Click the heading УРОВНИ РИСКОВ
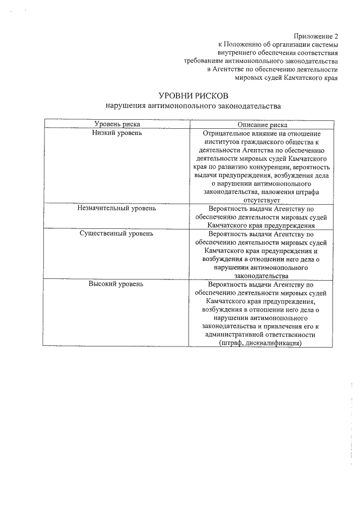(x=192, y=96)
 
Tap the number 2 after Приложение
(x=336, y=35)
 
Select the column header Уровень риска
(x=117, y=124)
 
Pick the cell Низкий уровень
(x=117, y=133)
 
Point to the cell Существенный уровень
(x=117, y=233)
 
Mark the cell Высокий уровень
(x=117, y=283)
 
